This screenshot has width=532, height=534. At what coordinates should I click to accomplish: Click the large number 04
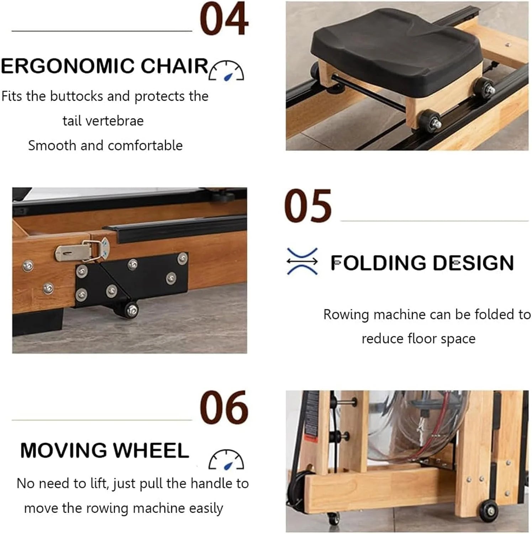(224, 19)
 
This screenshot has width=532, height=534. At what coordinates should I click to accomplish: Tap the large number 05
(308, 206)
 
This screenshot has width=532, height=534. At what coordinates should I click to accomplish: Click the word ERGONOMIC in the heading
(68, 66)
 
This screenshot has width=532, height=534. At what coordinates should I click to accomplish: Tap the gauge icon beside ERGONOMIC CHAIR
(227, 70)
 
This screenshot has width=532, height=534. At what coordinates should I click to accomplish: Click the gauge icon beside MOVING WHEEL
(226, 459)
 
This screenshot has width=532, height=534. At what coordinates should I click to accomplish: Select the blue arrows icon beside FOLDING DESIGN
(302, 261)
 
